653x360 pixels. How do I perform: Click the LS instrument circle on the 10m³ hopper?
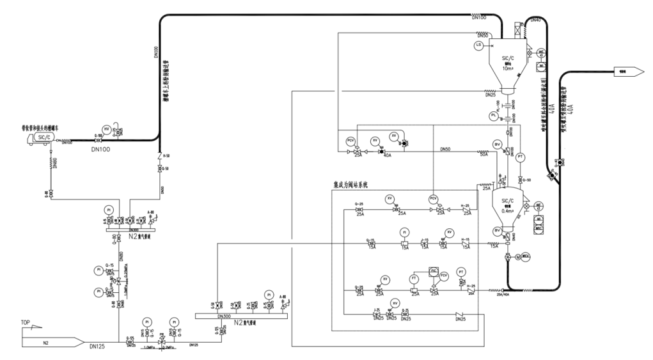click(x=478, y=45)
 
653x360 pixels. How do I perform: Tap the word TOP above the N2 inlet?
click(x=26, y=322)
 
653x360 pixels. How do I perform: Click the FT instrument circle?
click(x=414, y=279)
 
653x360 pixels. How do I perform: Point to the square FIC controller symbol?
click(x=434, y=272)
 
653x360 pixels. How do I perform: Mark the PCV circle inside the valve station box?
click(x=433, y=198)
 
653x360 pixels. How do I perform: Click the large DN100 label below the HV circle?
click(x=102, y=151)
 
